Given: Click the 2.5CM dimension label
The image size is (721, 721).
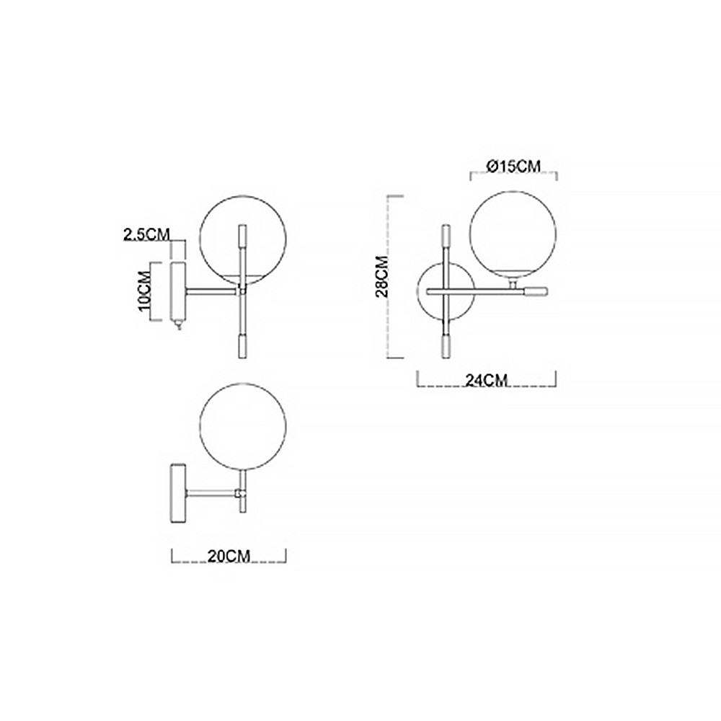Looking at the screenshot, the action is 146,234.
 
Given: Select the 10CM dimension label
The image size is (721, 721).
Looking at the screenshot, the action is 144,291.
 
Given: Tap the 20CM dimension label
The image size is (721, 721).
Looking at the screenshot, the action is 229,557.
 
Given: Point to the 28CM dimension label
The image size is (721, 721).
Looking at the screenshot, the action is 383,276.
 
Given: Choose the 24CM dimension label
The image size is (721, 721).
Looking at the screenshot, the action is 487,380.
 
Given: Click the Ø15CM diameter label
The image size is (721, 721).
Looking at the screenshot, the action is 513,166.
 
